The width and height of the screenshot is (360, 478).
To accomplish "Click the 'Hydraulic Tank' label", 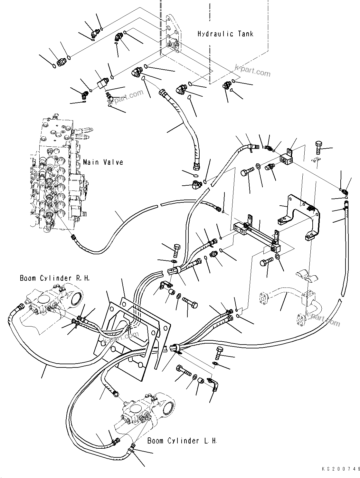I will pyautogui.click(x=225, y=34).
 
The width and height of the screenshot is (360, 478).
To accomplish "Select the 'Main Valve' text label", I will pyautogui.click(x=103, y=162).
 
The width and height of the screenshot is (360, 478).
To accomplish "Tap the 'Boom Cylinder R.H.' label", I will pyautogui.click(x=55, y=278).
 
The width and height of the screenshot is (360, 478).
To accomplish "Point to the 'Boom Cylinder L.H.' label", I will pyautogui.click(x=182, y=441).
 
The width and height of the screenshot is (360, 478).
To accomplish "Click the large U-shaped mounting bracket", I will pyautogui.click(x=299, y=216).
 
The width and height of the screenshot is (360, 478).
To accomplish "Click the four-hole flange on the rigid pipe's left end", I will pyautogui.click(x=264, y=298).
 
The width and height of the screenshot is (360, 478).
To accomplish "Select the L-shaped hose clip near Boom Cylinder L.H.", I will pyautogui.click(x=213, y=385).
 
